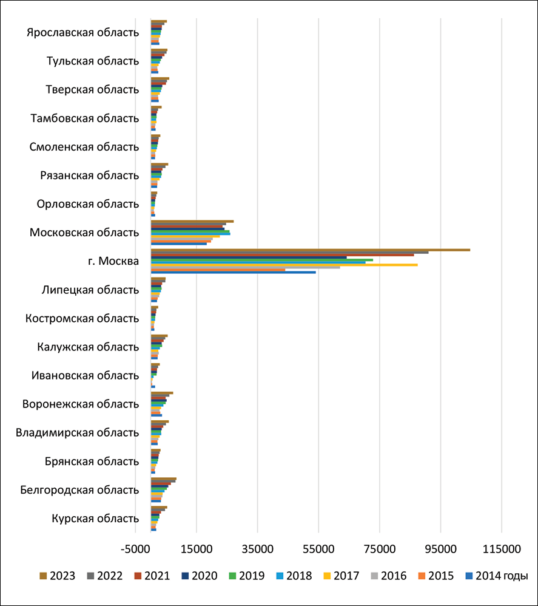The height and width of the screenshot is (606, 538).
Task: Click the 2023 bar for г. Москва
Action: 309,250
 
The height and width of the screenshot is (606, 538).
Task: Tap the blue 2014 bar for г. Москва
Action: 233,272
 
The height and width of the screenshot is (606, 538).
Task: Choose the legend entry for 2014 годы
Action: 496,576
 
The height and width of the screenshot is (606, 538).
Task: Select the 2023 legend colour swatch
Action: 43,576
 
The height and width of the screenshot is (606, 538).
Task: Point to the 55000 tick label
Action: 318,550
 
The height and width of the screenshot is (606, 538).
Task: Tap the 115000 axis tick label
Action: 502,550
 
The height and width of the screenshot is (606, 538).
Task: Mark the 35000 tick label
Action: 257,550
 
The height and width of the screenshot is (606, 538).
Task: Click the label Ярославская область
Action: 83,33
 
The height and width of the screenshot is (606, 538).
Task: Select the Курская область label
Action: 95,519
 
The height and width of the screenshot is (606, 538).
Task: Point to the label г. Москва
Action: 113,261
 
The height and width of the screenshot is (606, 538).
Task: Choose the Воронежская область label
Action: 81,404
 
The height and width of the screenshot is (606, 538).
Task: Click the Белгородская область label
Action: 79,490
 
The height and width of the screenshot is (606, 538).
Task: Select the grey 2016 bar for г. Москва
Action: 245,267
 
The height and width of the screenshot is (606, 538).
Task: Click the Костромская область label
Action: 82,318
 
